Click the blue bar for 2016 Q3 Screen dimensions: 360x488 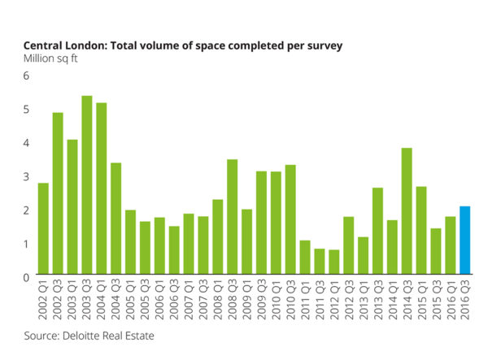point(464,241)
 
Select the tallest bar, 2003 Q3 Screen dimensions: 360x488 point(86,187)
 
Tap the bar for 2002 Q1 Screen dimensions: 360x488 point(43,230)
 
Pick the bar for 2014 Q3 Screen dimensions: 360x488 point(406,213)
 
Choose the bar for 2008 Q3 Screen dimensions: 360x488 point(232,219)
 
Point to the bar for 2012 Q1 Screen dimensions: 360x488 point(333,263)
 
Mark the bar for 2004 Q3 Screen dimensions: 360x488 point(115,220)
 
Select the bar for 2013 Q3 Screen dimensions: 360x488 point(377,232)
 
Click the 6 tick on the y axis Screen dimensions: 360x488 point(26,76)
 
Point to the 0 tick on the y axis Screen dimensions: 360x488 point(26,278)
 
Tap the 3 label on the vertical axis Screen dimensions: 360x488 point(26,176)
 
